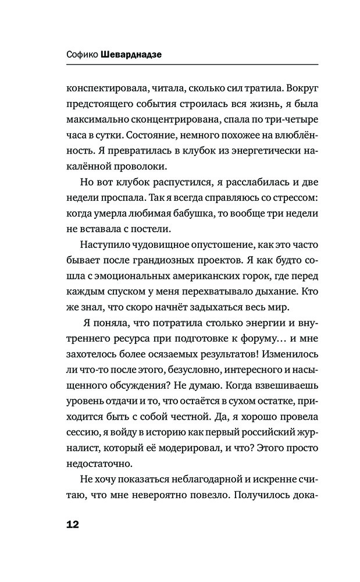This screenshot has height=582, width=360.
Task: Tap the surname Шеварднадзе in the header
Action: click(x=133, y=54)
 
